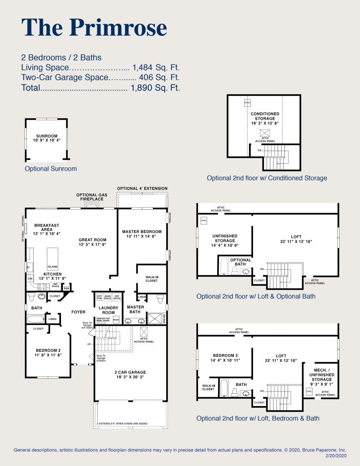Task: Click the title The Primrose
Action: point(94,28)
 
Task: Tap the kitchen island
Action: point(52,258)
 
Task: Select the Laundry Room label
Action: point(108,310)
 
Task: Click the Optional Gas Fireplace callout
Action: point(91,197)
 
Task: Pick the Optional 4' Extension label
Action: point(142,188)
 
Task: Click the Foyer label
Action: point(79,312)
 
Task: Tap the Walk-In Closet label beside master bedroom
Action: point(151,278)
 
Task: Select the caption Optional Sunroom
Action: point(51,168)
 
